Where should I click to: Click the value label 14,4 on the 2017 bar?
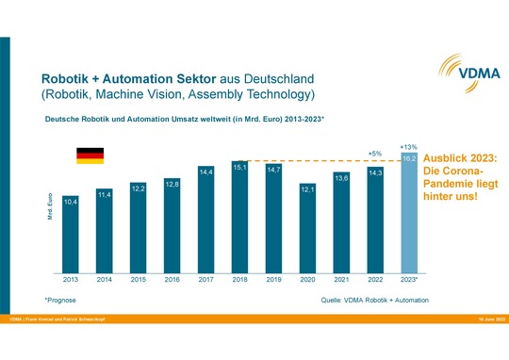205,172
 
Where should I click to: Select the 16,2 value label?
409,159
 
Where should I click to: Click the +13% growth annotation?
408,146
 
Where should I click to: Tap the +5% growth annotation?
374,154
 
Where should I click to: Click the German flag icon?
90,155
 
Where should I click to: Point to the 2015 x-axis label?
138,280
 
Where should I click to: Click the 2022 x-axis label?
375,280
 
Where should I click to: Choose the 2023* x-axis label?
410,280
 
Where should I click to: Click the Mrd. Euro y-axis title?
50,209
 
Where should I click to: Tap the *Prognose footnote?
59,300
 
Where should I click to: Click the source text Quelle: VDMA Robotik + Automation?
374,300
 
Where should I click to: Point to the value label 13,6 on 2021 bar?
341,177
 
